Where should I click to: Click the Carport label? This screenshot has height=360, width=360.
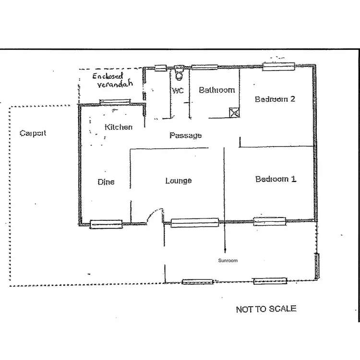[33, 133]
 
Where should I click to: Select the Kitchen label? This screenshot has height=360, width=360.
[118, 127]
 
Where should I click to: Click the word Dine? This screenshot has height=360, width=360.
[106, 182]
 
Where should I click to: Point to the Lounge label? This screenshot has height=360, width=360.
[179, 180]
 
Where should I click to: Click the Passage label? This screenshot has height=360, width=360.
[185, 135]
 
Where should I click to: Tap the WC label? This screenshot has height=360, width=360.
[178, 90]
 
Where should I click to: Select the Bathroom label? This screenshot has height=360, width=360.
[216, 90]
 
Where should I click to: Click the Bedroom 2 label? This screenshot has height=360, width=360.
[275, 99]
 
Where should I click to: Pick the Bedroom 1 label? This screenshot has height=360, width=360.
[276, 179]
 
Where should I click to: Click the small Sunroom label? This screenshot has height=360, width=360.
[228, 261]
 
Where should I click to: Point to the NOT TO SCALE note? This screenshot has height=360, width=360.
[266, 309]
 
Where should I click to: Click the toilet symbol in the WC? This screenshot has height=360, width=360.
[179, 73]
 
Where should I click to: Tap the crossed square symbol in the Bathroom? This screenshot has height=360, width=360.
[234, 113]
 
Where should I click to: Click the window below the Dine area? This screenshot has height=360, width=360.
[106, 224]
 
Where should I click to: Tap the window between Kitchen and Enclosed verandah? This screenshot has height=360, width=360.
[115, 102]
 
